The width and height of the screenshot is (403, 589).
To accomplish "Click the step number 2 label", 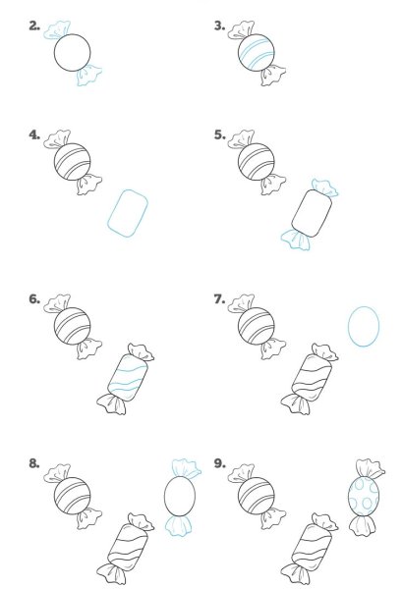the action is tap(34, 26).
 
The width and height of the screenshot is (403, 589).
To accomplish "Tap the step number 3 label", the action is tap(219, 26).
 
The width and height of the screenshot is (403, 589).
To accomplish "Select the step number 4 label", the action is tap(34, 134).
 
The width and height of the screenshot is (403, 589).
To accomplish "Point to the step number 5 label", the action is tap(219, 134).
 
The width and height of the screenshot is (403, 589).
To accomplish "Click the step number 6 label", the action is tap(34, 299).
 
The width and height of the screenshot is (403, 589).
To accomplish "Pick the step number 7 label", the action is tap(219, 299).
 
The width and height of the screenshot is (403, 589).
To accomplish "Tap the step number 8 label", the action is tap(34, 463).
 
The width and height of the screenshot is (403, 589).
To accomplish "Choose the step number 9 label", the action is tap(219, 463).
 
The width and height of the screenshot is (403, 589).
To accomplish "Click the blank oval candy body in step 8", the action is tap(180, 496).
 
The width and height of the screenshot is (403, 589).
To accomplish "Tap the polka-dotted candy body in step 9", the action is tap(364, 496).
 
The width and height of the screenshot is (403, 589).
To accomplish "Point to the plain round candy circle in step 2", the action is tap(73, 53).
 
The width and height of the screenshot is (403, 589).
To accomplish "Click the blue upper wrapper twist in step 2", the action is tap(57, 30).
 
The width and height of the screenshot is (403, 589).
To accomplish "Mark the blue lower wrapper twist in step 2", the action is tap(88, 75).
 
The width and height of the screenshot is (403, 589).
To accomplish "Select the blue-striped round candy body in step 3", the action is tap(257, 53).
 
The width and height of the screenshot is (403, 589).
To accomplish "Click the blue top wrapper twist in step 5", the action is tap(324, 187).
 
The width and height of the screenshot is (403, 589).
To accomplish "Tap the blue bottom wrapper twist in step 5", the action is tap(296, 240).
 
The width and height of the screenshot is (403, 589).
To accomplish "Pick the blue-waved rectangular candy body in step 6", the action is tap(128, 378).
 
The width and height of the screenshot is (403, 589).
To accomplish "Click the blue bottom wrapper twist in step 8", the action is tap(178, 525).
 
